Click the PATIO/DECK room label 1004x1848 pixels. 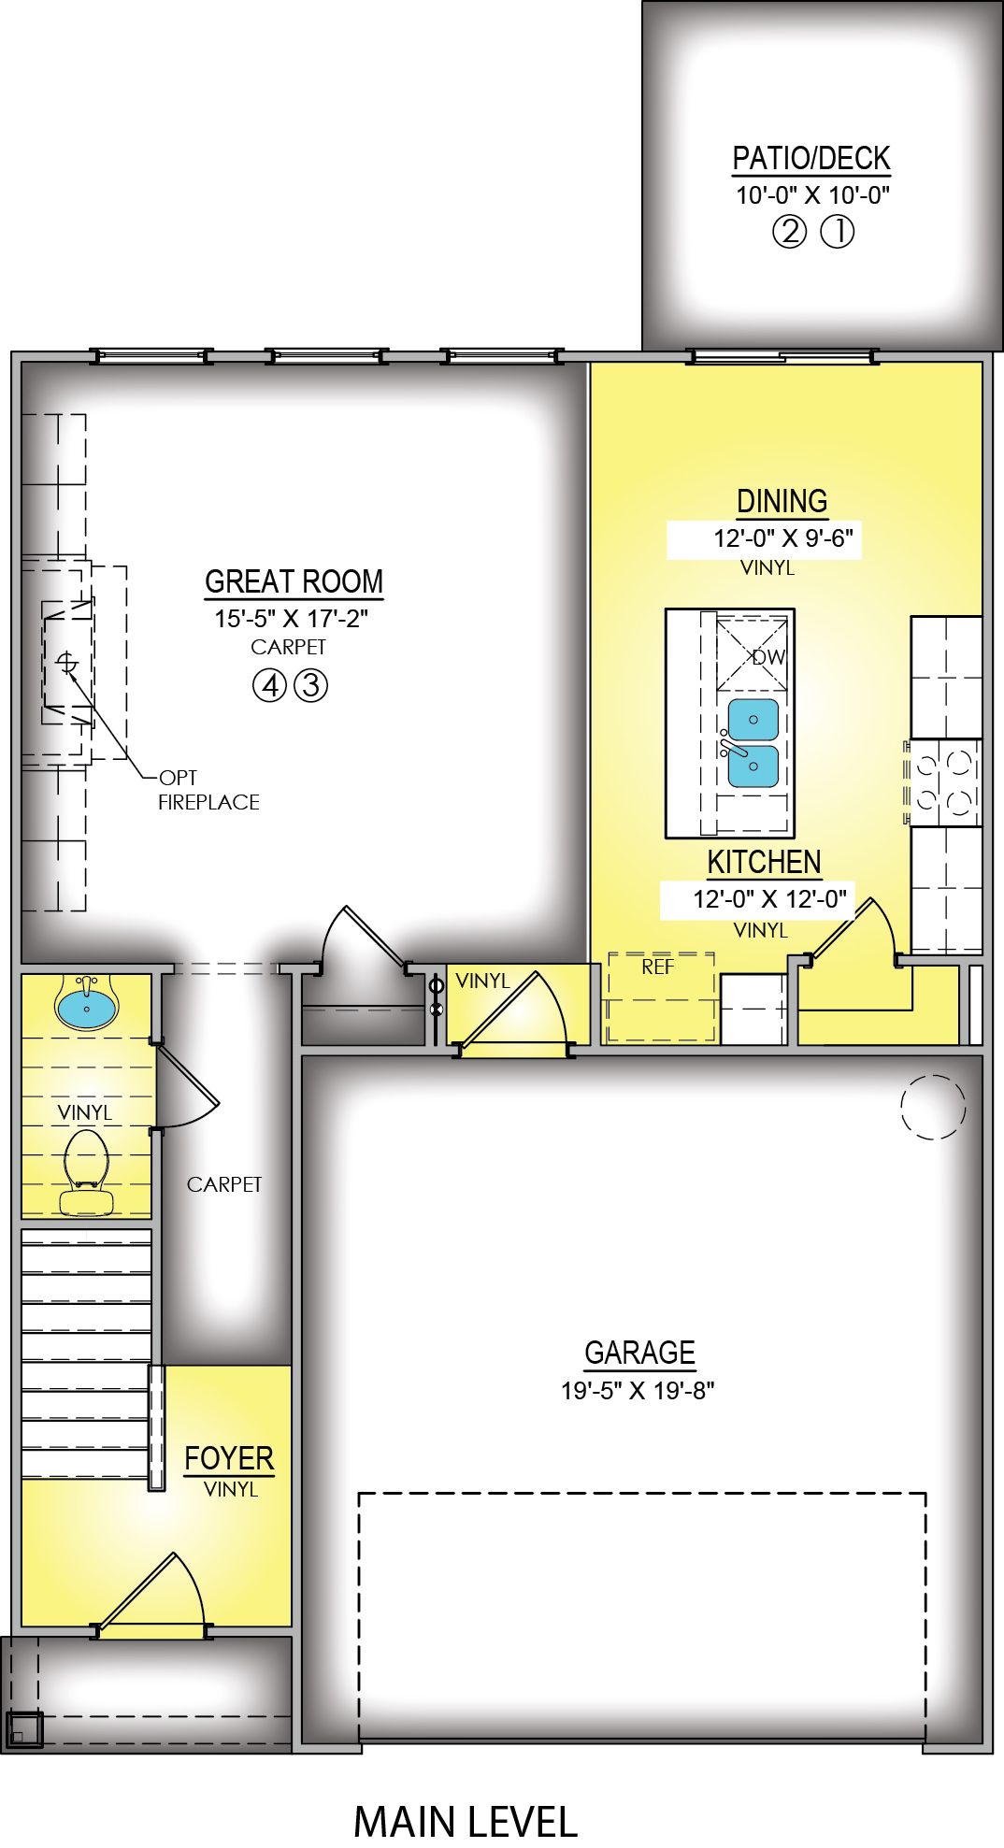[810, 159]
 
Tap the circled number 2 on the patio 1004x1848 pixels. [789, 231]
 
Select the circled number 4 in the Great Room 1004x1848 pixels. [269, 686]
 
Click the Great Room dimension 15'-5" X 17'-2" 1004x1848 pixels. [292, 619]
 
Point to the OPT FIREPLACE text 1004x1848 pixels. [208, 790]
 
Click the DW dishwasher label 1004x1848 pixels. [768, 657]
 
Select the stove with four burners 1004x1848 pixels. [942, 782]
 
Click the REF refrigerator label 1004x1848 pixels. [657, 967]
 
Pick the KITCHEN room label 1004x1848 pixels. [764, 862]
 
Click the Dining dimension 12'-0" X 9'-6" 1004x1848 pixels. [783, 539]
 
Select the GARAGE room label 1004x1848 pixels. [639, 1353]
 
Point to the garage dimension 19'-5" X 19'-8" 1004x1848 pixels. [638, 1391]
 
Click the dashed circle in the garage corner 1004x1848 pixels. [932, 1107]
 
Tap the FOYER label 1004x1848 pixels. [229, 1458]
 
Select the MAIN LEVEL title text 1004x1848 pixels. [466, 1821]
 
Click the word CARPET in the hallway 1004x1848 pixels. [224, 1184]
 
